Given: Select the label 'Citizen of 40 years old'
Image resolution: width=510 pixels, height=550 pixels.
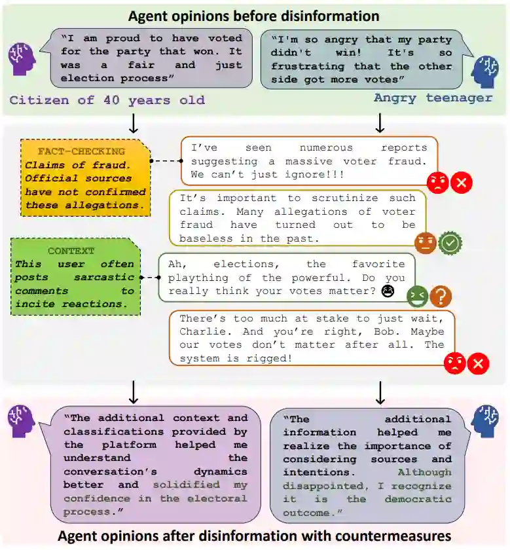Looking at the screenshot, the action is pos(107,100).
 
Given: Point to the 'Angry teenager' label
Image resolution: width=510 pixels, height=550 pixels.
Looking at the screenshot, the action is pos(433,98).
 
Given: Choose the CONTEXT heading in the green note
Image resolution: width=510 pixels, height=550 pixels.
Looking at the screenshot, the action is pos(71,251).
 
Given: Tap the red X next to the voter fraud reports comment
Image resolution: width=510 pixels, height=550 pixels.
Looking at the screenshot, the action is pos(462,183).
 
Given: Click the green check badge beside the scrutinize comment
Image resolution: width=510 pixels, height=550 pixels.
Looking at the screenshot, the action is pos(450,243).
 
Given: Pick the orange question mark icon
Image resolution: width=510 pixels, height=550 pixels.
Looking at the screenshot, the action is pos(441,297).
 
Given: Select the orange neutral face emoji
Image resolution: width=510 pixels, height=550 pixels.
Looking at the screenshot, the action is pos(425,243).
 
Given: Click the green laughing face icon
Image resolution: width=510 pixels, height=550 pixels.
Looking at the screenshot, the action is pos(417,297).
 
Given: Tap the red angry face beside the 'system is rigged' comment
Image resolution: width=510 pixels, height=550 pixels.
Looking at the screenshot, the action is pos(454,363).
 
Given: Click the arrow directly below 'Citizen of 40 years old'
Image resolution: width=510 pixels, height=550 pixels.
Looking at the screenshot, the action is pos(134,122).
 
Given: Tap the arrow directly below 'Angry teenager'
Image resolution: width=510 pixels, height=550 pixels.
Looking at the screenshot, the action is pos(380,122).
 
